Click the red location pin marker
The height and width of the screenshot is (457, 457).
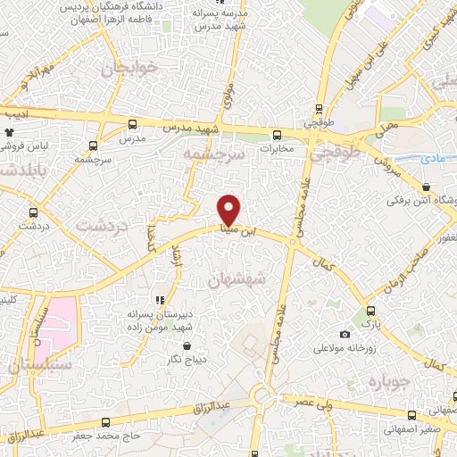(229, 209)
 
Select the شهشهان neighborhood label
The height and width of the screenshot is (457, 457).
(237, 279)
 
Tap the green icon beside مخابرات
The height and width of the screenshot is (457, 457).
(274, 137)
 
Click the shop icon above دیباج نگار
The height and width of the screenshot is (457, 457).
(187, 344)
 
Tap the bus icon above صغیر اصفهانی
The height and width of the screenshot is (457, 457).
(411, 415)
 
